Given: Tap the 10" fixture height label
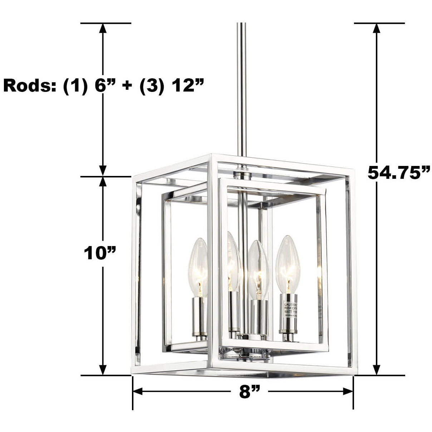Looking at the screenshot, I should click(100, 253).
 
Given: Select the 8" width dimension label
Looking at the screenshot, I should click(249, 392).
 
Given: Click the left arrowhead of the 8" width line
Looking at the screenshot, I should click(138, 392).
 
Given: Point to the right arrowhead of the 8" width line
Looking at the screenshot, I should click(348, 392).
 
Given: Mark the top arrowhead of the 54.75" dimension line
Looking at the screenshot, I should click(376, 29).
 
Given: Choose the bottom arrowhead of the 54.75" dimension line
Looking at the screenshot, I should click(376, 370).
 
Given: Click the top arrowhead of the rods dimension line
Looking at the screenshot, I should click(103, 29).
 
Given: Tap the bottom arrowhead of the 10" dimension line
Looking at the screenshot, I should click(103, 370).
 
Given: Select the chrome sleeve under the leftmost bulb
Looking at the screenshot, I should click(198, 315).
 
